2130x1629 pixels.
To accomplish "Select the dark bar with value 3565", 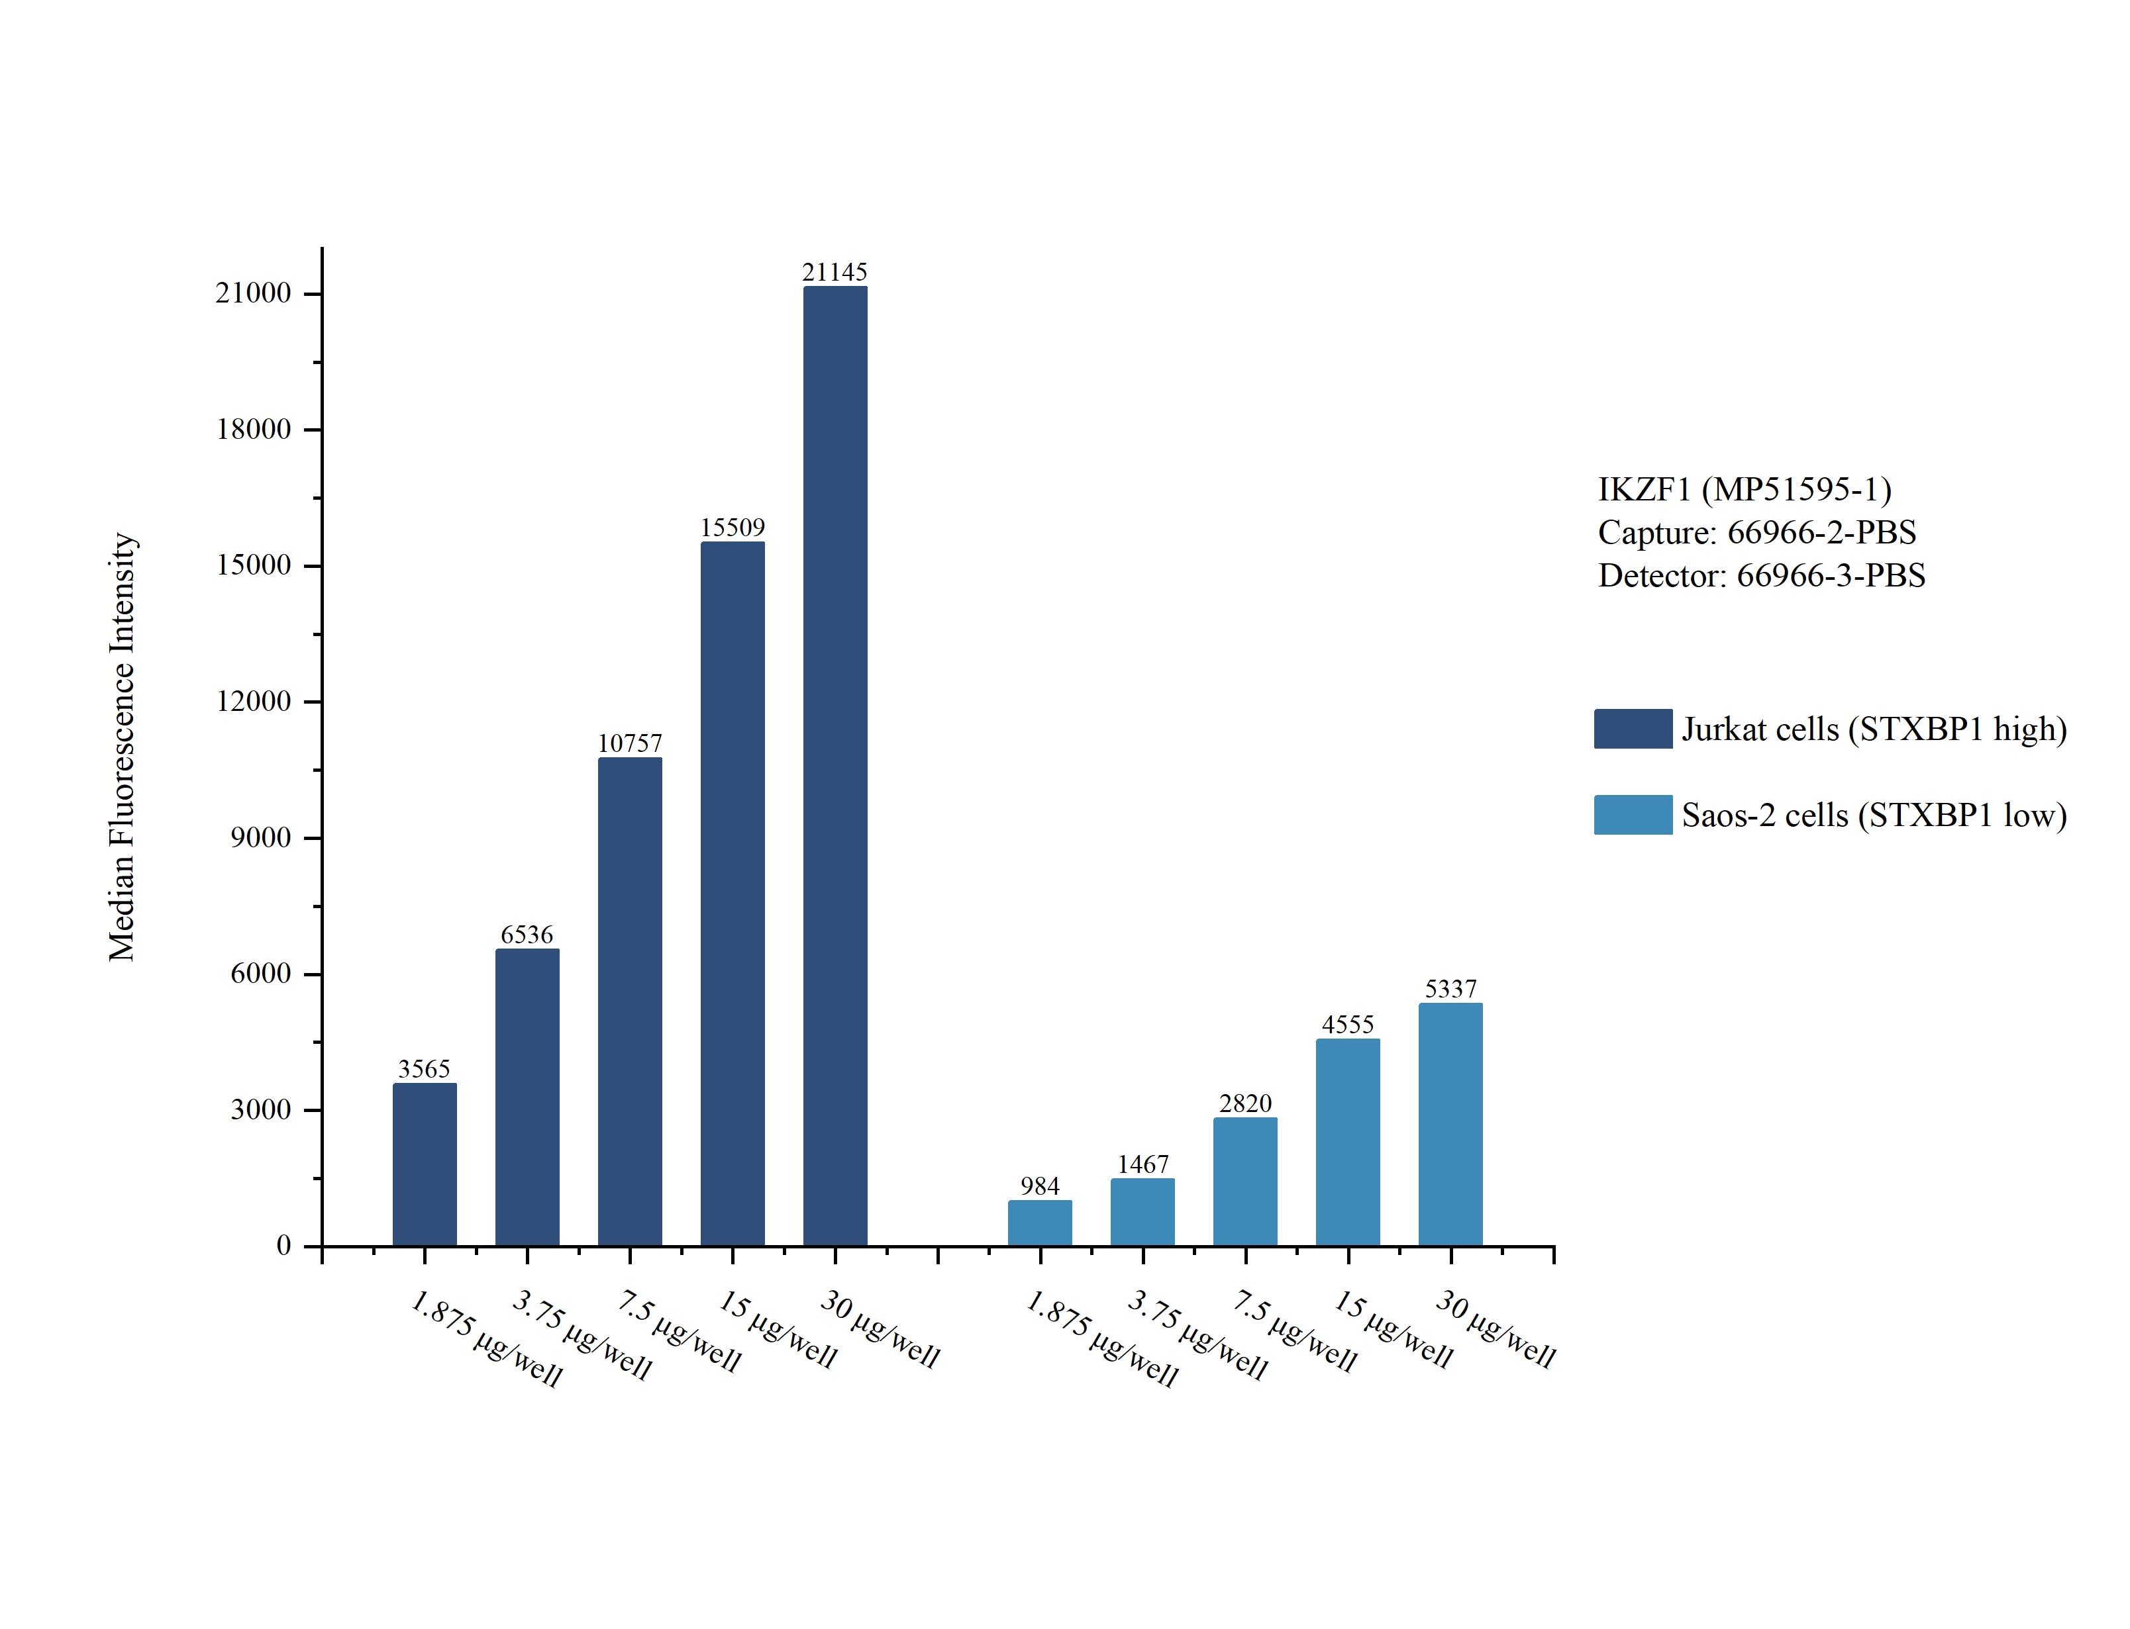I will [x=424, y=1164].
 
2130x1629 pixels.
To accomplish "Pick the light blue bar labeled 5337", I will [x=1449, y=1124].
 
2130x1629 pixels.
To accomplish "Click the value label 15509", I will [x=733, y=528].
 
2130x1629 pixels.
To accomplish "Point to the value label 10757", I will [x=629, y=744].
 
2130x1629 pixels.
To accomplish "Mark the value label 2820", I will [x=1244, y=1103].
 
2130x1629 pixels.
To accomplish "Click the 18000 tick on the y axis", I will [x=253, y=430].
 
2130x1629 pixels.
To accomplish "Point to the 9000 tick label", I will [x=260, y=838].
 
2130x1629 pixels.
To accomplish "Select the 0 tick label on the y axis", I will [x=283, y=1246].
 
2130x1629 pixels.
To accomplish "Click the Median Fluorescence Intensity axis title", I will [x=123, y=747].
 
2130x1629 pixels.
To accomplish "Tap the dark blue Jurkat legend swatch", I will [x=1633, y=729].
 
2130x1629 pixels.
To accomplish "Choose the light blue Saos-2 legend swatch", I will [x=1633, y=814].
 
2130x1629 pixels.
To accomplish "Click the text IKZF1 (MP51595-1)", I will [x=1744, y=490].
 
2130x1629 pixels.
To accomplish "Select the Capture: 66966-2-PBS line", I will [x=1756, y=532].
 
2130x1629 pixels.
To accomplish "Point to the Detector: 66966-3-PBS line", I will [x=1761, y=576].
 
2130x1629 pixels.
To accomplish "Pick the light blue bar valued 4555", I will [x=1347, y=1142].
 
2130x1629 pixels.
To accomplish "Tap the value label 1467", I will [x=1142, y=1164].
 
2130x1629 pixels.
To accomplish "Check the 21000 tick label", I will [x=253, y=293].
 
